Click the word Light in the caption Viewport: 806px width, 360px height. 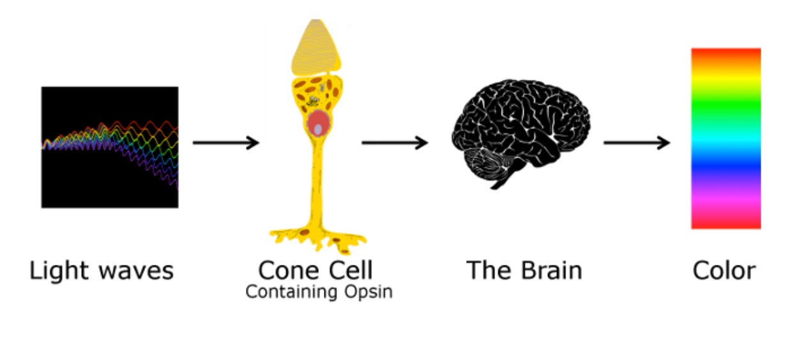click(x=59, y=271)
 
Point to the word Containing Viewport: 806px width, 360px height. click(x=282, y=292)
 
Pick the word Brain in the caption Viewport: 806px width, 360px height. click(x=551, y=271)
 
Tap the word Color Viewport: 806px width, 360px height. click(x=724, y=271)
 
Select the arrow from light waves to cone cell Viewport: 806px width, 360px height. click(x=226, y=142)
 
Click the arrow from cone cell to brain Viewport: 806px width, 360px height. click(x=394, y=142)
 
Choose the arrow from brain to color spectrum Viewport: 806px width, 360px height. click(x=636, y=142)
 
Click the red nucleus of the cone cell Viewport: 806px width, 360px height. click(x=317, y=125)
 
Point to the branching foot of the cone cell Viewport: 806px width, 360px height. click(x=317, y=237)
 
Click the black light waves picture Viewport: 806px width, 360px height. click(x=109, y=147)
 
